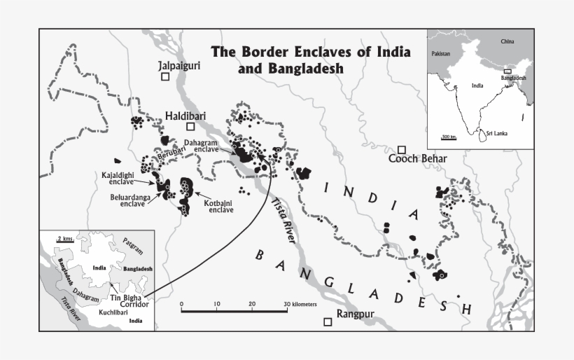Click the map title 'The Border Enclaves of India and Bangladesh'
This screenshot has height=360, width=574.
(x=311, y=60)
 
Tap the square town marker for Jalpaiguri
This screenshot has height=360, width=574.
(x=164, y=77)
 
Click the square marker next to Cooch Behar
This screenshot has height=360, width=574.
(x=402, y=149)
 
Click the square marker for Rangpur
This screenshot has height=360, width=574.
(x=328, y=321)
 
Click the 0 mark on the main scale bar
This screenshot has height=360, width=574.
(x=181, y=305)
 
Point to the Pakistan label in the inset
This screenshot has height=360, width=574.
(x=441, y=54)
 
